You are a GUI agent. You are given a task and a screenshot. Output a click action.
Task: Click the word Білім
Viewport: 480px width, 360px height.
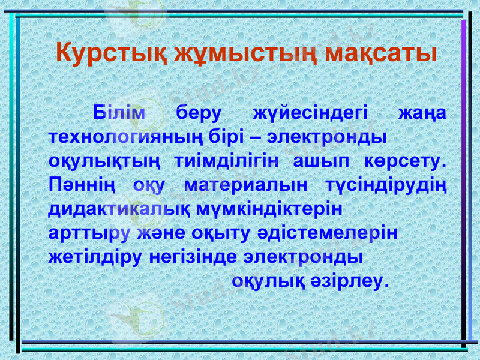coord(119,113)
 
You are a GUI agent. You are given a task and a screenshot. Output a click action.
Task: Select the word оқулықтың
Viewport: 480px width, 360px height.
coord(104,161)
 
